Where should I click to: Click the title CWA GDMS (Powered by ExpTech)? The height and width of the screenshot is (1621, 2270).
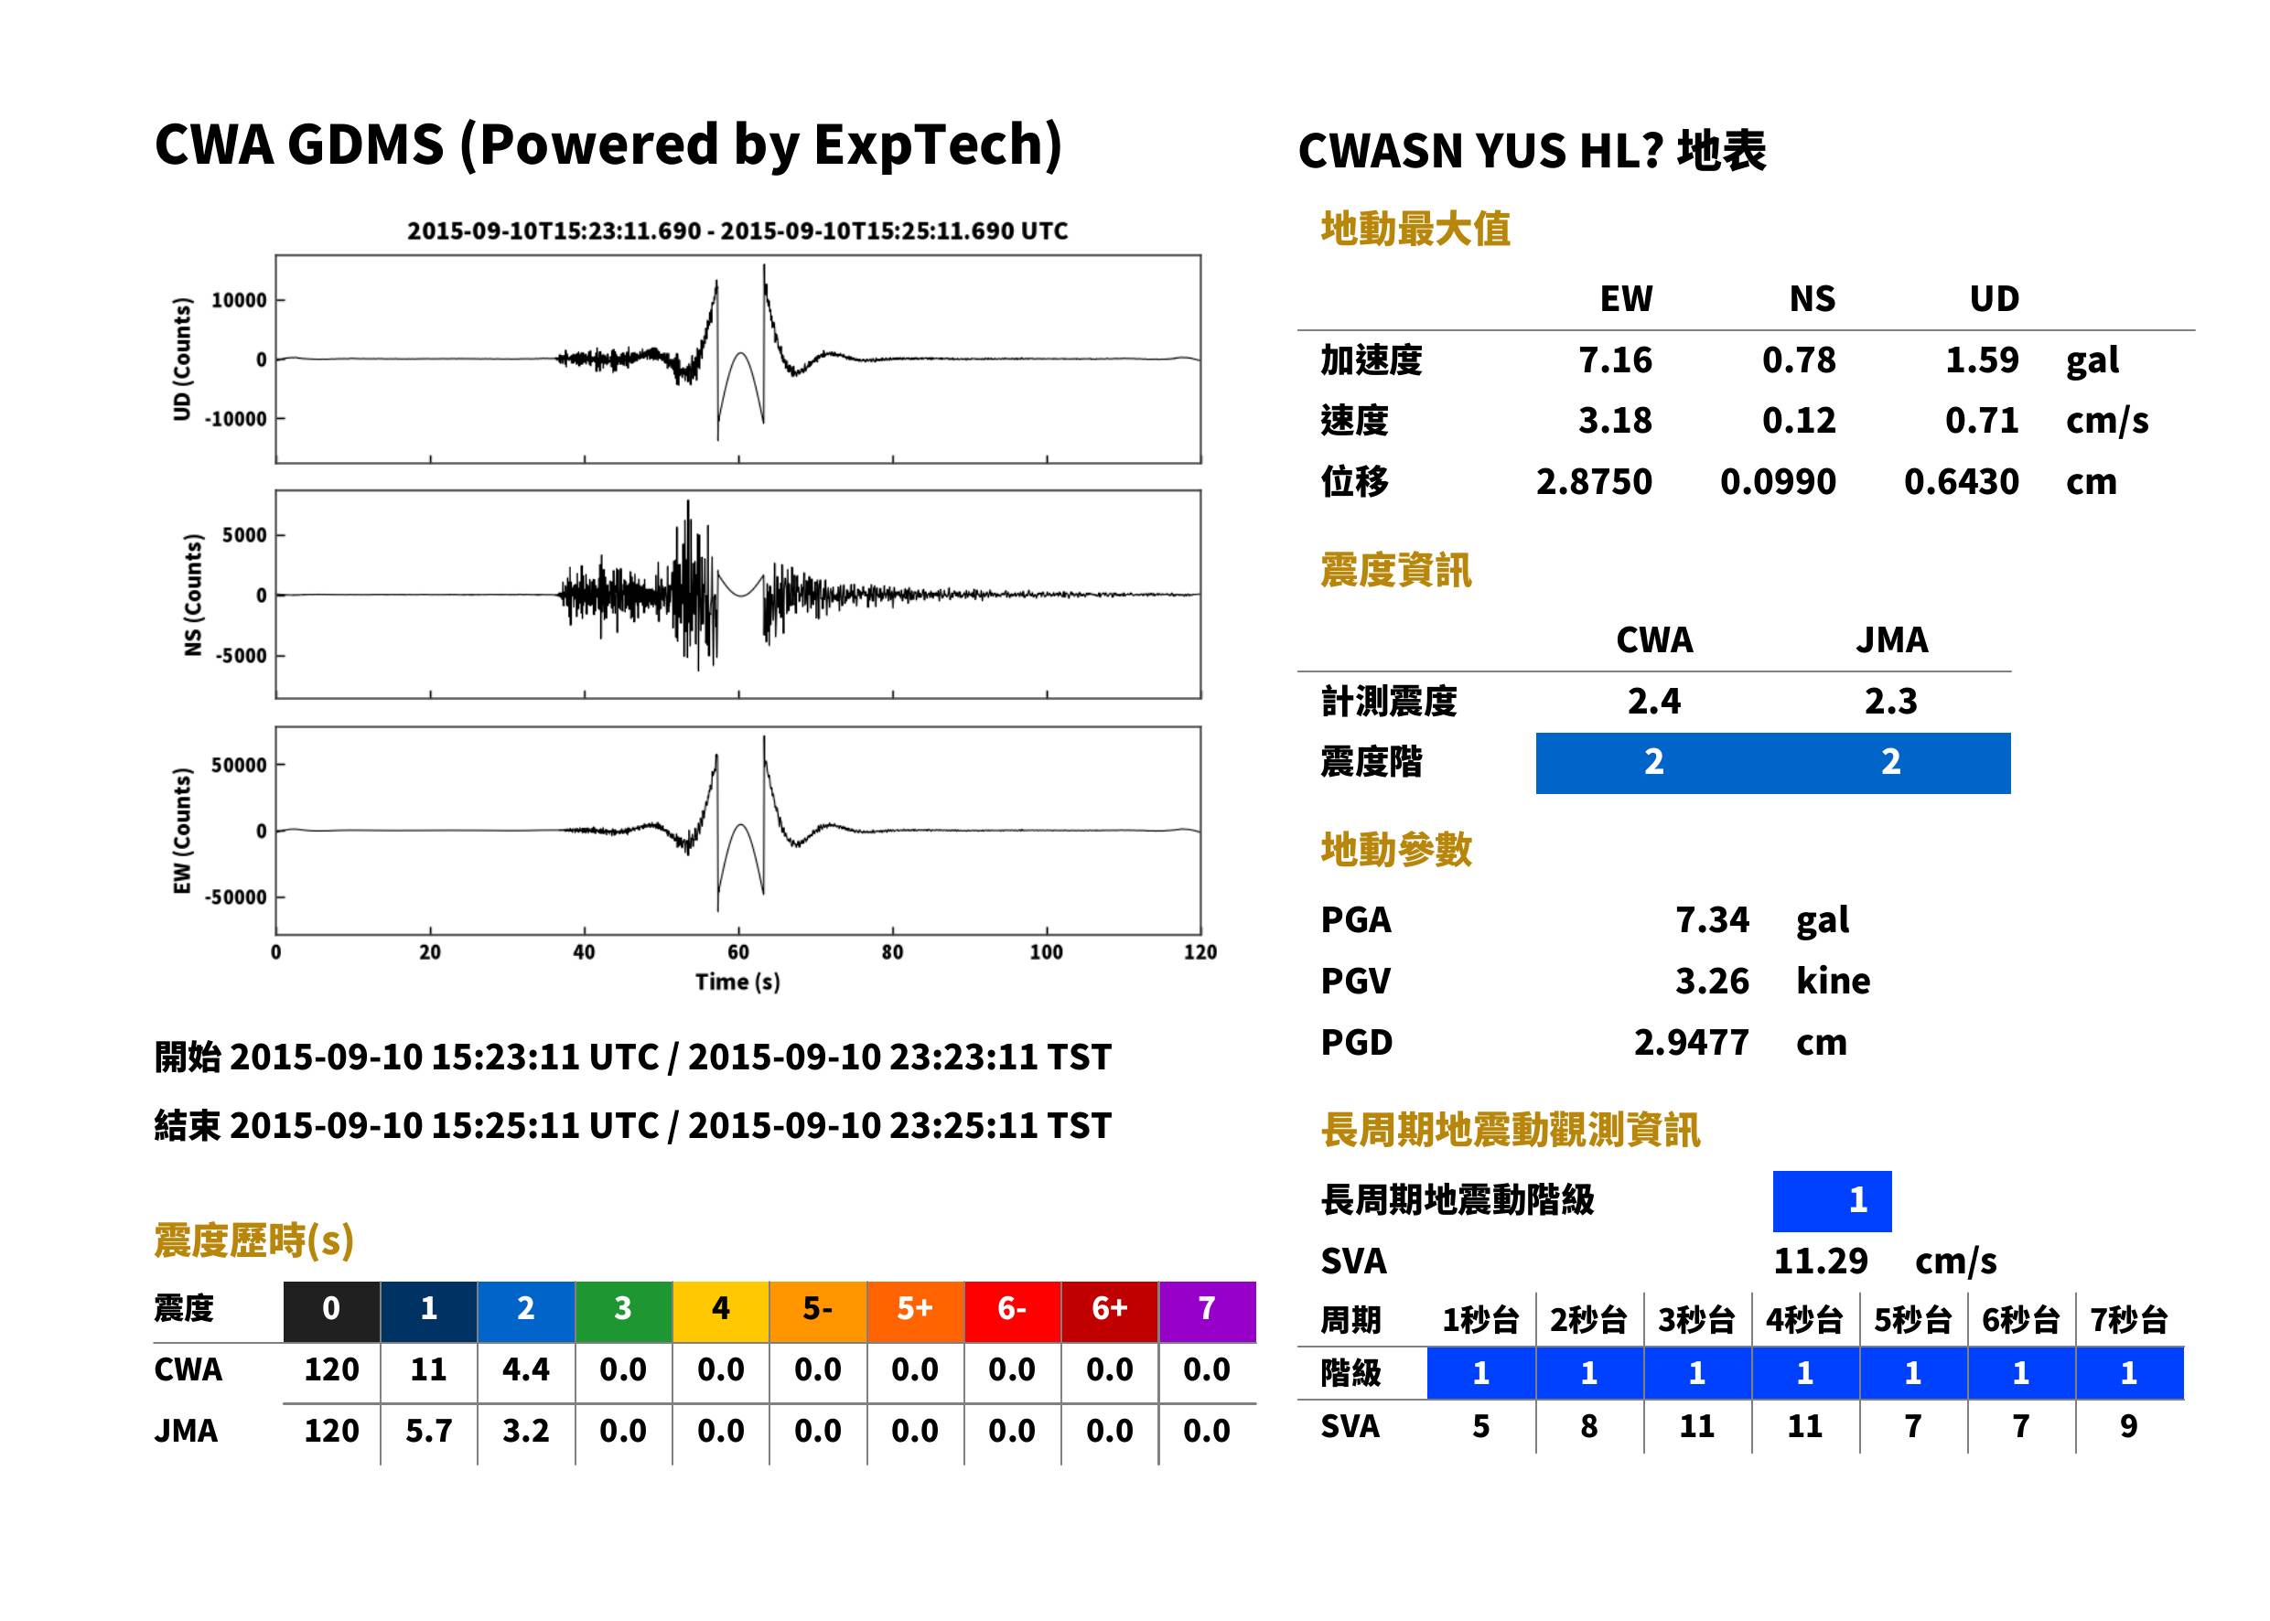coord(608,145)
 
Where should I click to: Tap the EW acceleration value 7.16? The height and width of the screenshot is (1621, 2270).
coord(1614,360)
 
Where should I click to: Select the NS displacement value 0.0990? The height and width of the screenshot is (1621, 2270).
coord(1778,481)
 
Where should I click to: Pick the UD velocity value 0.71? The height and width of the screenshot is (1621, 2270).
coord(1982,420)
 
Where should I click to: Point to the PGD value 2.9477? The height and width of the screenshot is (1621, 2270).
coord(1691,1042)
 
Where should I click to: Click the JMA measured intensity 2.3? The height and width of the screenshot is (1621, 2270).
coord(1890,701)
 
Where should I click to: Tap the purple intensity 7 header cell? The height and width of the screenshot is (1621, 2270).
coord(1207,1308)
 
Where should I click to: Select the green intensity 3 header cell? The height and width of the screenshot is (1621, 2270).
coord(623,1308)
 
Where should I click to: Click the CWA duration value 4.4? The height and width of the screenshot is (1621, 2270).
coord(526,1369)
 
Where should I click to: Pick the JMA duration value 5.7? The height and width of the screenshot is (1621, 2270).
coord(428,1431)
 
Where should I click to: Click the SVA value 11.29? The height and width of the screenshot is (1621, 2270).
coord(1820,1261)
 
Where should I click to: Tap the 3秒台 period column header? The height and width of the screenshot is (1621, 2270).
coord(1696,1319)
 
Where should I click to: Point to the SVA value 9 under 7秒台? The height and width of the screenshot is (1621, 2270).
coord(2128,1425)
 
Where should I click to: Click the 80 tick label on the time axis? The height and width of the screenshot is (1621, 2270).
coord(892,951)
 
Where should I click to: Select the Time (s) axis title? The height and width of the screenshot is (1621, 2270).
coord(737,982)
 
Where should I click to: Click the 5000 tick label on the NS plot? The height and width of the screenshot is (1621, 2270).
coord(244,535)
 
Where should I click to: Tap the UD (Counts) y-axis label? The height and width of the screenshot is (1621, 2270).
coord(182,359)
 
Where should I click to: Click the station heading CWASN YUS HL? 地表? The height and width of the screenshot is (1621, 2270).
coord(1533,152)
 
